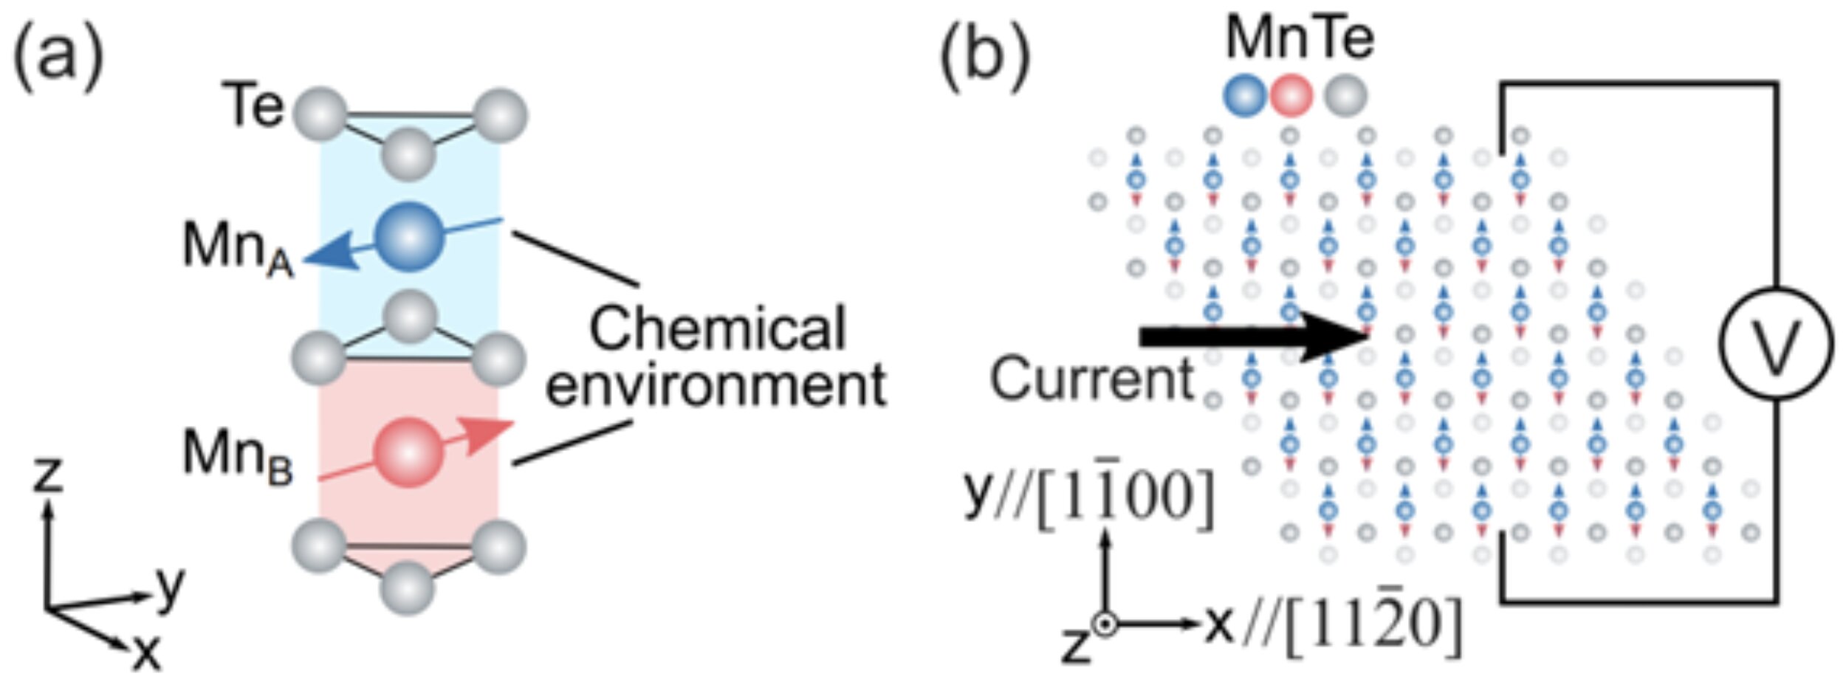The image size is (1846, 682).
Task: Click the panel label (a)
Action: pos(58,55)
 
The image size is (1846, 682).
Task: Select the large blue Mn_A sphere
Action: pos(410,236)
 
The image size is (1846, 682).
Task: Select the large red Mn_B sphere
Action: pos(410,452)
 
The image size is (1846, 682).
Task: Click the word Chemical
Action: pos(716,329)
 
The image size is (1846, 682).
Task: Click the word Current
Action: pos(1091,379)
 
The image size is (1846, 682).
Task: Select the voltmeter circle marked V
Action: pos(1775,344)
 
